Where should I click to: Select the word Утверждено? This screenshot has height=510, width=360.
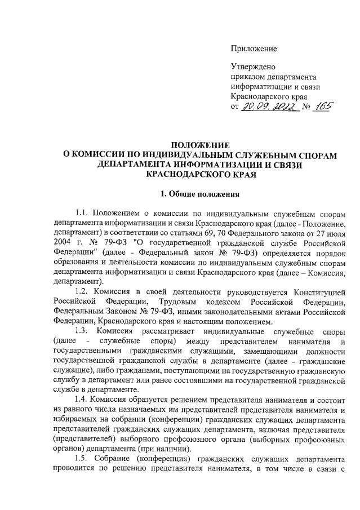click(254, 67)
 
